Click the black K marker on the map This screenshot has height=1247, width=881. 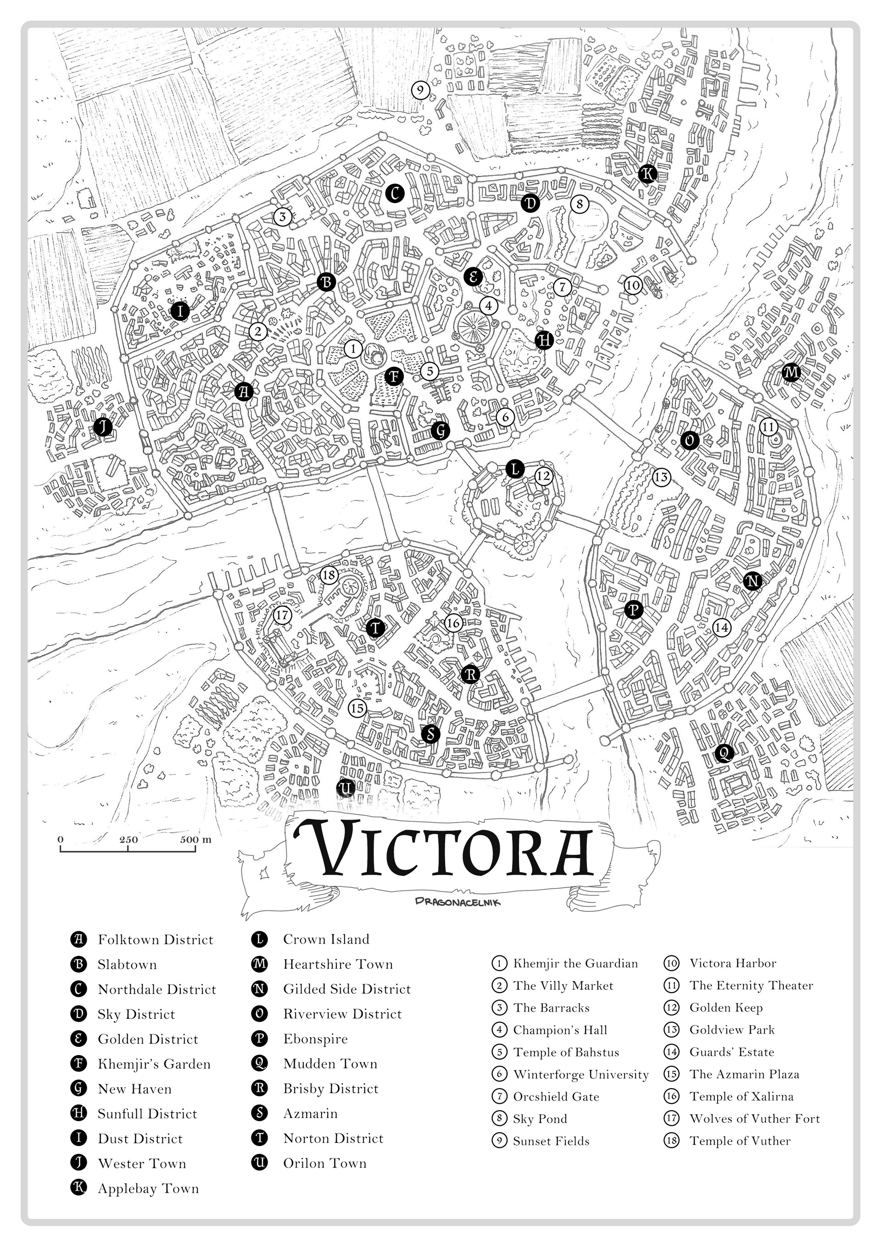[647, 174]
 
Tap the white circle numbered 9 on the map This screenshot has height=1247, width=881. [420, 90]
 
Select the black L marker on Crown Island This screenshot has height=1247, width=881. [514, 468]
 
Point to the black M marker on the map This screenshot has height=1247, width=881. [792, 372]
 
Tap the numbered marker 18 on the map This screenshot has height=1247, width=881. [329, 575]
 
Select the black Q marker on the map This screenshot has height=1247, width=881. [724, 753]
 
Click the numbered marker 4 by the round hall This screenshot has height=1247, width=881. [489, 306]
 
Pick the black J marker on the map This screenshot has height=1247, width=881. [102, 427]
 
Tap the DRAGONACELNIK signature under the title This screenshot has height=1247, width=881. [457, 902]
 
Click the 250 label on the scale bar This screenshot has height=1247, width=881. [128, 840]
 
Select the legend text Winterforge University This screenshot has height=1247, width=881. [581, 1074]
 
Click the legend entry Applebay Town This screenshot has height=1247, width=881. [148, 1188]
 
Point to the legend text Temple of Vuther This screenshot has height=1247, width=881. [739, 1141]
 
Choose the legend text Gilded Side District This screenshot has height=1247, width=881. [347, 989]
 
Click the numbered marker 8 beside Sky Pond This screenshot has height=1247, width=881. [580, 204]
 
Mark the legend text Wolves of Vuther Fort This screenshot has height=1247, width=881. [754, 1119]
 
